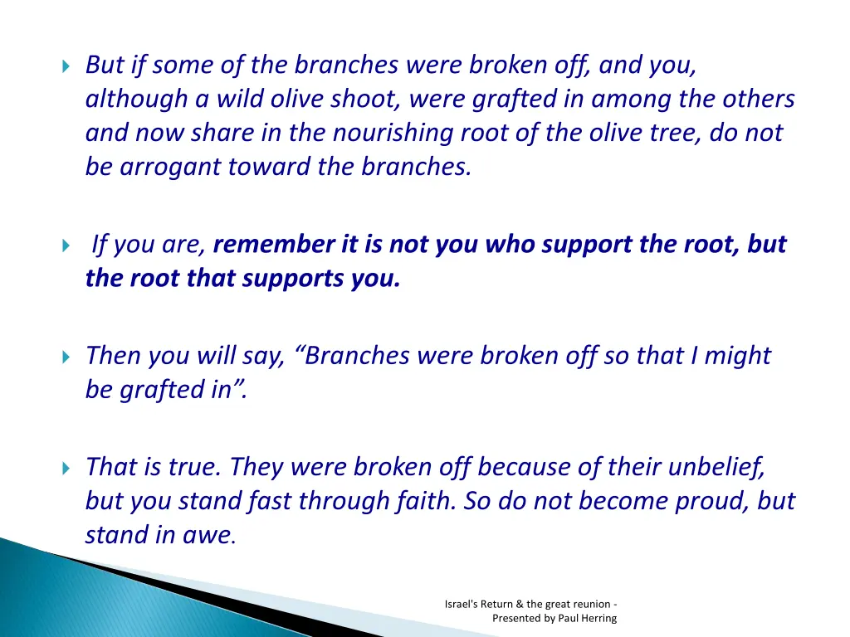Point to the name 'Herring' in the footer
[598, 618]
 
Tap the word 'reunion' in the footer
[590, 604]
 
